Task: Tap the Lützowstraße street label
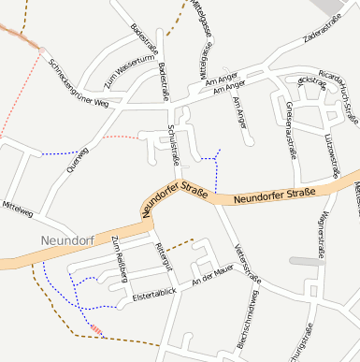point(331,154)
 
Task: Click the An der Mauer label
point(210,275)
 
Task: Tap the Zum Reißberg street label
point(120,259)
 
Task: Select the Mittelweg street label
point(18,208)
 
